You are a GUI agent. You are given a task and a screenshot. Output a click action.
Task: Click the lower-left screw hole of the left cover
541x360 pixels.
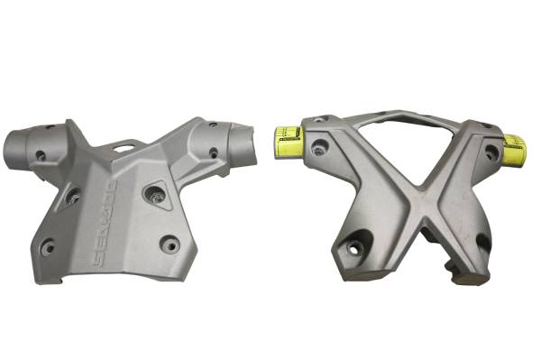48,245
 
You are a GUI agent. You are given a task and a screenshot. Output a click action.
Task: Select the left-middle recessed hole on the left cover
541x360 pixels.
72,193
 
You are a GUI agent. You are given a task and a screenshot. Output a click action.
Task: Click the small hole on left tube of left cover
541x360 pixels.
41,155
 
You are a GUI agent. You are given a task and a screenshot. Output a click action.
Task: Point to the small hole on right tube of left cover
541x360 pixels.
213,152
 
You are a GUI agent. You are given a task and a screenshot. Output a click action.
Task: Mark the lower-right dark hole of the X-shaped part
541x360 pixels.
483,244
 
